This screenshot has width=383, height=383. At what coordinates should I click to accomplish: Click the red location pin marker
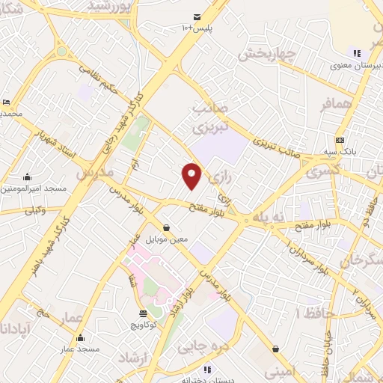tap(192, 175)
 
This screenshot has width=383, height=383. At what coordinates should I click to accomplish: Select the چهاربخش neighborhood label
tap(269, 53)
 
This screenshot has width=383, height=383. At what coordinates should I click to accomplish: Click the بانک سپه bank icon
tap(340, 140)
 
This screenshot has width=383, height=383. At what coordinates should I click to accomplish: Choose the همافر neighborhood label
tap(337, 105)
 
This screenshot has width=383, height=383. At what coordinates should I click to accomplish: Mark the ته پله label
tap(270, 216)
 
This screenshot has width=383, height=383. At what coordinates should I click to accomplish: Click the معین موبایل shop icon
tap(166, 227)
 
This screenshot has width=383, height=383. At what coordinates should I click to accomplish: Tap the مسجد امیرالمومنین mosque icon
tap(28, 177)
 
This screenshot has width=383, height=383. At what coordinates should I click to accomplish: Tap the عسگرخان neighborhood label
tap(362, 261)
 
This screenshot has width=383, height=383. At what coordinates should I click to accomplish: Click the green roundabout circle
tap(61, 52)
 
